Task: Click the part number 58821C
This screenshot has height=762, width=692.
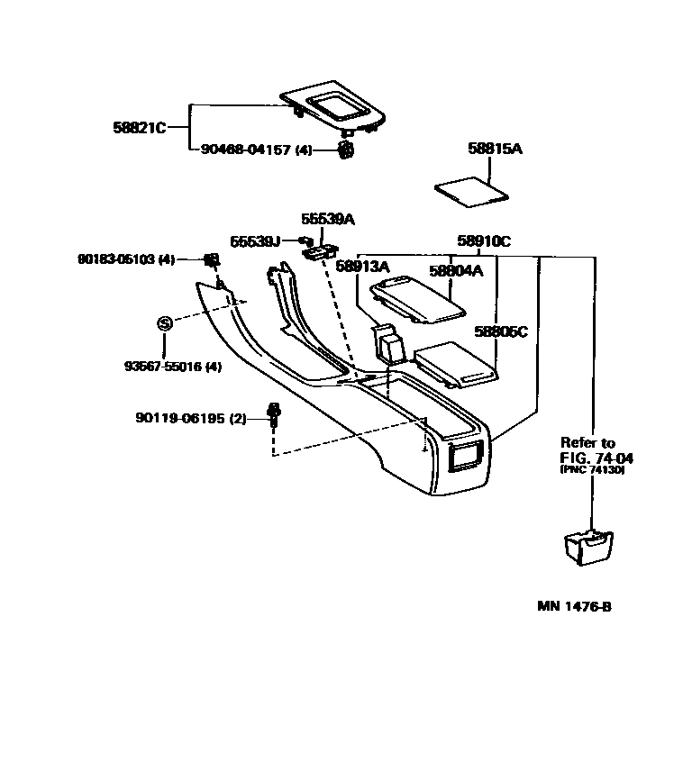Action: pos(140,128)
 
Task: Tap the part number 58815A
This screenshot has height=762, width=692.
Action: pos(495,149)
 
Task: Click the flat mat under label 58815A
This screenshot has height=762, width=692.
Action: pos(471,191)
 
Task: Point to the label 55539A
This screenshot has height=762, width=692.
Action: pos(327,219)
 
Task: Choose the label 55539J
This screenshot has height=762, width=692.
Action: pos(255,241)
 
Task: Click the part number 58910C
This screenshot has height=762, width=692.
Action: pos(483,241)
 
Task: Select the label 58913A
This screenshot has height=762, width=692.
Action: pos(362,267)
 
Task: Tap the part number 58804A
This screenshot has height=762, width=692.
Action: pos(455,270)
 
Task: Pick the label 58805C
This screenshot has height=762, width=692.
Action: pos(501,331)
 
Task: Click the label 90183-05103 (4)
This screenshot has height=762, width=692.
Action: pos(125,259)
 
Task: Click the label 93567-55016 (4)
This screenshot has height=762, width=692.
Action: pos(172,367)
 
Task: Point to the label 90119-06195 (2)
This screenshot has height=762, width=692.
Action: pos(190,418)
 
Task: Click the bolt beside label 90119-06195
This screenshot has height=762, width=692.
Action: pos(273,417)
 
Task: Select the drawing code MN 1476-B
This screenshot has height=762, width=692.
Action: pos(575,606)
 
